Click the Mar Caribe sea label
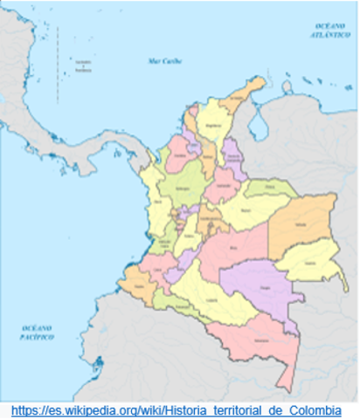click(x=160, y=61)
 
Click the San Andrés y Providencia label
click(x=83, y=67)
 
